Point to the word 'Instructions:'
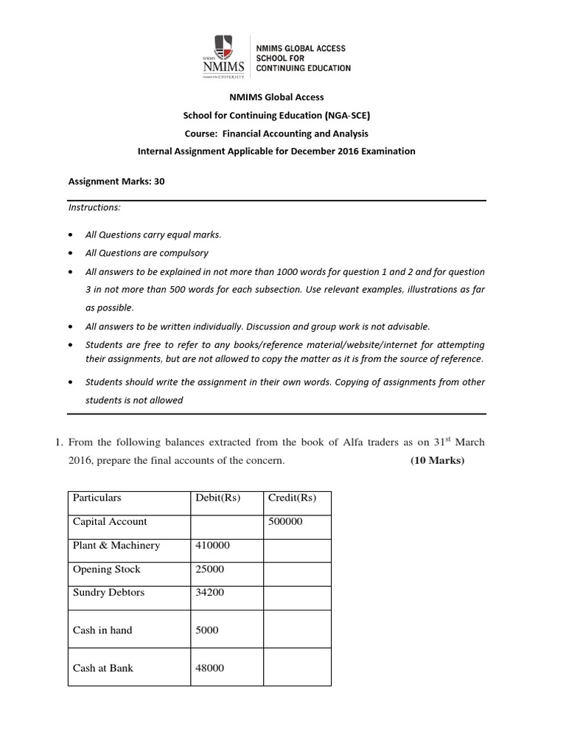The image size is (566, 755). pyautogui.click(x=94, y=208)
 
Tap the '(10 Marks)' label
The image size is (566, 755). pyautogui.click(x=438, y=461)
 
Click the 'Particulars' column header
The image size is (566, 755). pyautogui.click(x=97, y=498)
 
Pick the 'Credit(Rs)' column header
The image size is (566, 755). pyautogui.click(x=293, y=498)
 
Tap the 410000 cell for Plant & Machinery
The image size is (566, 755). pyautogui.click(x=212, y=546)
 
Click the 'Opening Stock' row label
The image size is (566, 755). pyautogui.click(x=106, y=569)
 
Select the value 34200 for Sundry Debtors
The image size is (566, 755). pyautogui.click(x=210, y=592)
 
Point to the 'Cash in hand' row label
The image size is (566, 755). pyautogui.click(x=102, y=630)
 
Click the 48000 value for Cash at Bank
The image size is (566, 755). pyautogui.click(x=210, y=668)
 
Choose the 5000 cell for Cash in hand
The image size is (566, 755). pyautogui.click(x=207, y=630)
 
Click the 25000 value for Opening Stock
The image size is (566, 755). pyautogui.click(x=210, y=569)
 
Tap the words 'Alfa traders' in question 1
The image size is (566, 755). pyautogui.click(x=369, y=442)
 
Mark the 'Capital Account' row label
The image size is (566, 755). pyautogui.click(x=110, y=521)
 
